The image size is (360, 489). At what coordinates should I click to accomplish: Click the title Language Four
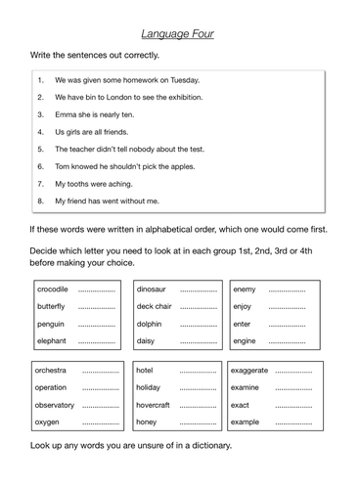click(179, 33)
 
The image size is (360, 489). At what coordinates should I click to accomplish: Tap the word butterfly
click(52, 306)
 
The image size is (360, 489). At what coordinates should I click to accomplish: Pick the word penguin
click(51, 324)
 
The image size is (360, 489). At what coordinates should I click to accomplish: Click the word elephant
click(52, 341)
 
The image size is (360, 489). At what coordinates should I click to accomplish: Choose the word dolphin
click(150, 324)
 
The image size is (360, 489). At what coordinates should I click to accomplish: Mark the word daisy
click(146, 341)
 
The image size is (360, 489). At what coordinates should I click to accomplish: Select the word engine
click(245, 341)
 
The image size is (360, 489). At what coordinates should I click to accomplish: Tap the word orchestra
click(51, 371)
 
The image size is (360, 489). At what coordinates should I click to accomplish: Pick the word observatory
click(55, 405)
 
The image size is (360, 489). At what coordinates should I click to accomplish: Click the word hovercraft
click(153, 405)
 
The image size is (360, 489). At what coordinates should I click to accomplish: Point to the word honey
click(146, 422)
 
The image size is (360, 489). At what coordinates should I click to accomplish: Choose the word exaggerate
click(248, 371)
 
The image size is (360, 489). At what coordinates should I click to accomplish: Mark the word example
click(246, 422)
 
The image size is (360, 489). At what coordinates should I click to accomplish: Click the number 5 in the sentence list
click(40, 150)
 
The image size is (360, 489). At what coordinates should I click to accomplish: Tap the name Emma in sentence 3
click(66, 114)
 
